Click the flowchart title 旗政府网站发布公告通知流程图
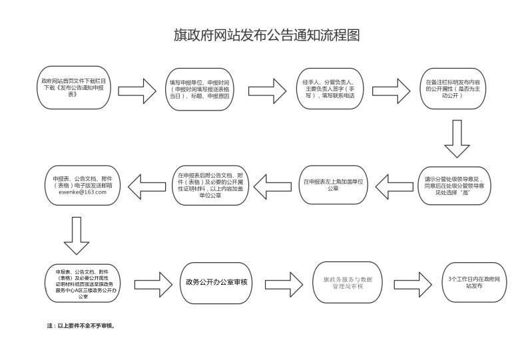pyautogui.click(x=266, y=35)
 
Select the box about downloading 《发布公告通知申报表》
pyautogui.click(x=74, y=87)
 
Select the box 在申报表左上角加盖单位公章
pyautogui.click(x=333, y=184)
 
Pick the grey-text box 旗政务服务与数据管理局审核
pyautogui.click(x=348, y=282)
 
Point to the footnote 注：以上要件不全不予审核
pyautogui.click(x=81, y=326)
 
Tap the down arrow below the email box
pyautogui.click(x=77, y=235)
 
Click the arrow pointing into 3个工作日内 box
pyautogui.click(x=417, y=282)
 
